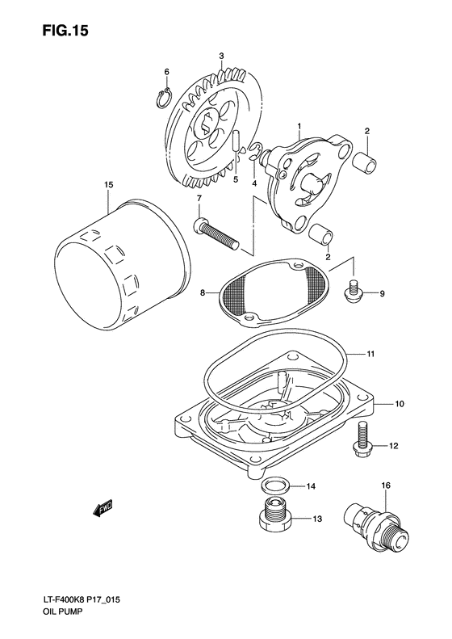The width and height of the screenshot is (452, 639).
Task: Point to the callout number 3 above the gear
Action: (220, 55)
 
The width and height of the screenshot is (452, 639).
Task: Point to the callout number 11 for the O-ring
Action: (394, 354)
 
